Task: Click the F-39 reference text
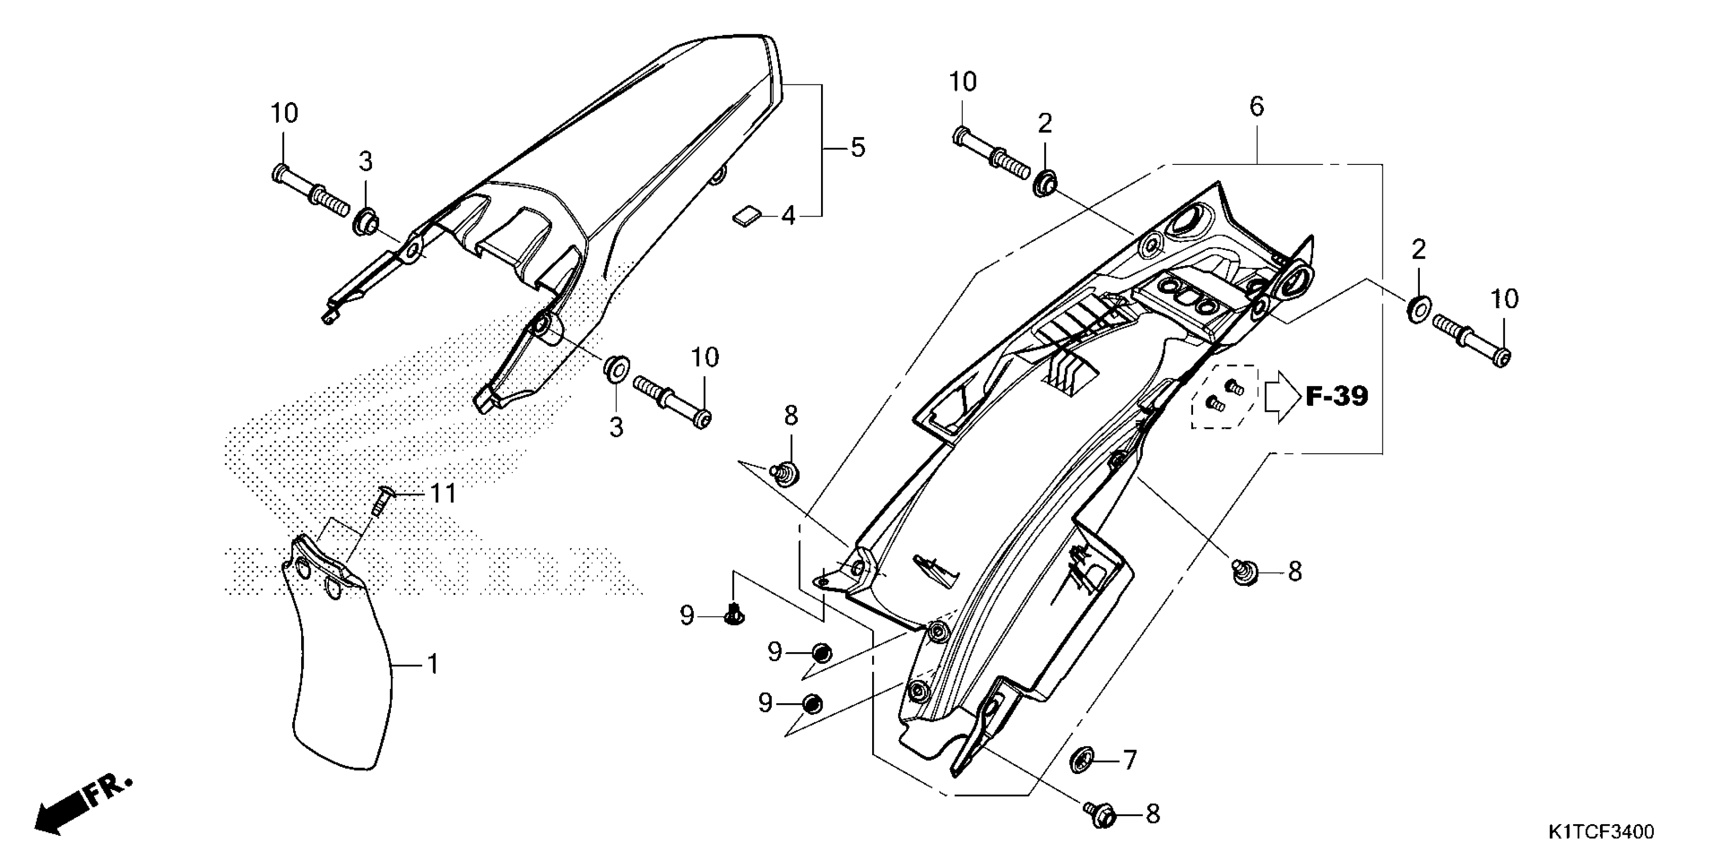[x=1336, y=397]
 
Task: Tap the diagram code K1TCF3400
[x=1600, y=832]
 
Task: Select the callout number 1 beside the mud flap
[x=433, y=664]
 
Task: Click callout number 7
[x=1129, y=760]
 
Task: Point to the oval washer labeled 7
[x=1080, y=760]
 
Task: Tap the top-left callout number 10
[x=284, y=113]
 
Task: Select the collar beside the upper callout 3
[x=365, y=221]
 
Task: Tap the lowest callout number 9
[x=766, y=703]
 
